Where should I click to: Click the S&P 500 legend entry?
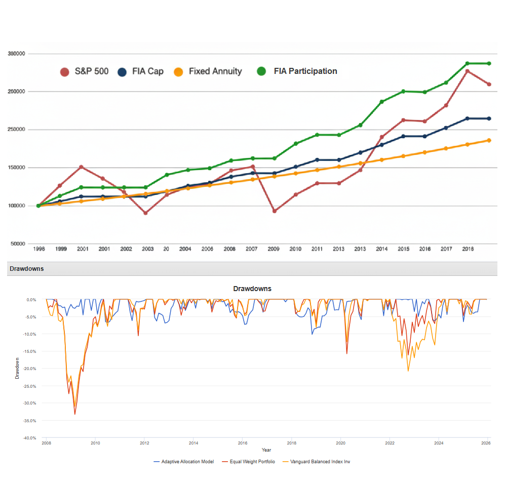pyautogui.click(x=84, y=71)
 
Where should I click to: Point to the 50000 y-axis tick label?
pyautogui.click(x=17, y=244)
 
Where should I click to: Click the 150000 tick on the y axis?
pyautogui.click(x=17, y=168)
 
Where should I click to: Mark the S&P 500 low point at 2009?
pyautogui.click(x=274, y=211)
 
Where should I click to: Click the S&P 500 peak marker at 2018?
pyautogui.click(x=467, y=71)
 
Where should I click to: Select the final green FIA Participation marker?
pyautogui.click(x=489, y=63)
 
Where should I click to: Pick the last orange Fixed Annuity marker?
pyautogui.click(x=489, y=140)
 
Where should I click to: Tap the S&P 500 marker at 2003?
pyautogui.click(x=145, y=213)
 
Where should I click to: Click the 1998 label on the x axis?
pyautogui.click(x=38, y=249)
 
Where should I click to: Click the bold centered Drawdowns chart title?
pyautogui.click(x=252, y=289)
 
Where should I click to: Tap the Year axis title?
pyautogui.click(x=266, y=450)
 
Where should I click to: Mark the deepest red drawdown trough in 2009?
pyautogui.click(x=75, y=414)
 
